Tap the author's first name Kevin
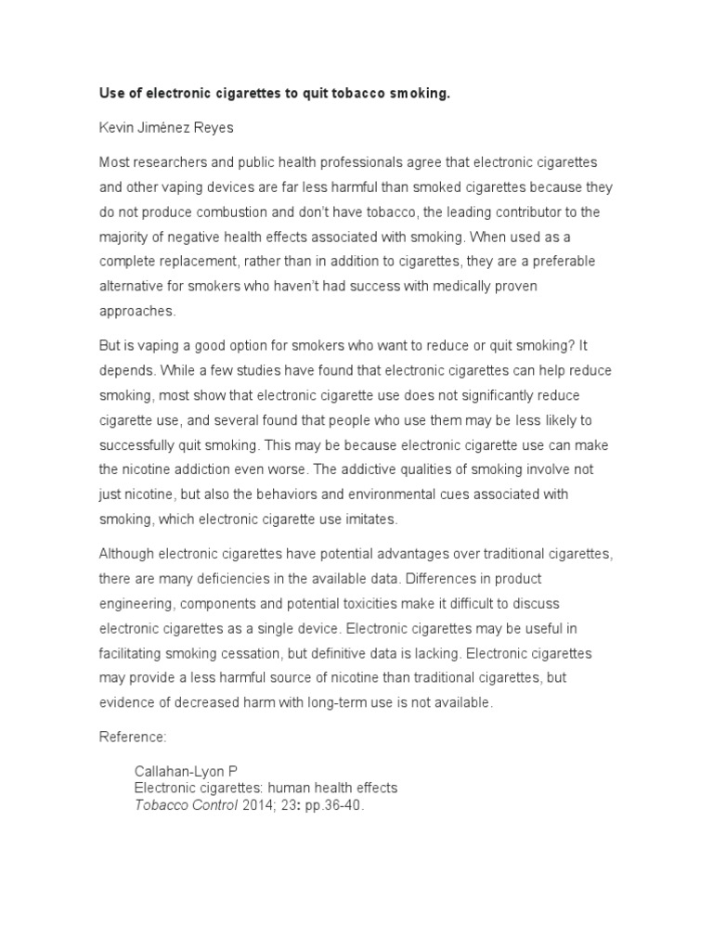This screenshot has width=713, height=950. (x=117, y=128)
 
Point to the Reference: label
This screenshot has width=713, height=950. (x=132, y=738)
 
